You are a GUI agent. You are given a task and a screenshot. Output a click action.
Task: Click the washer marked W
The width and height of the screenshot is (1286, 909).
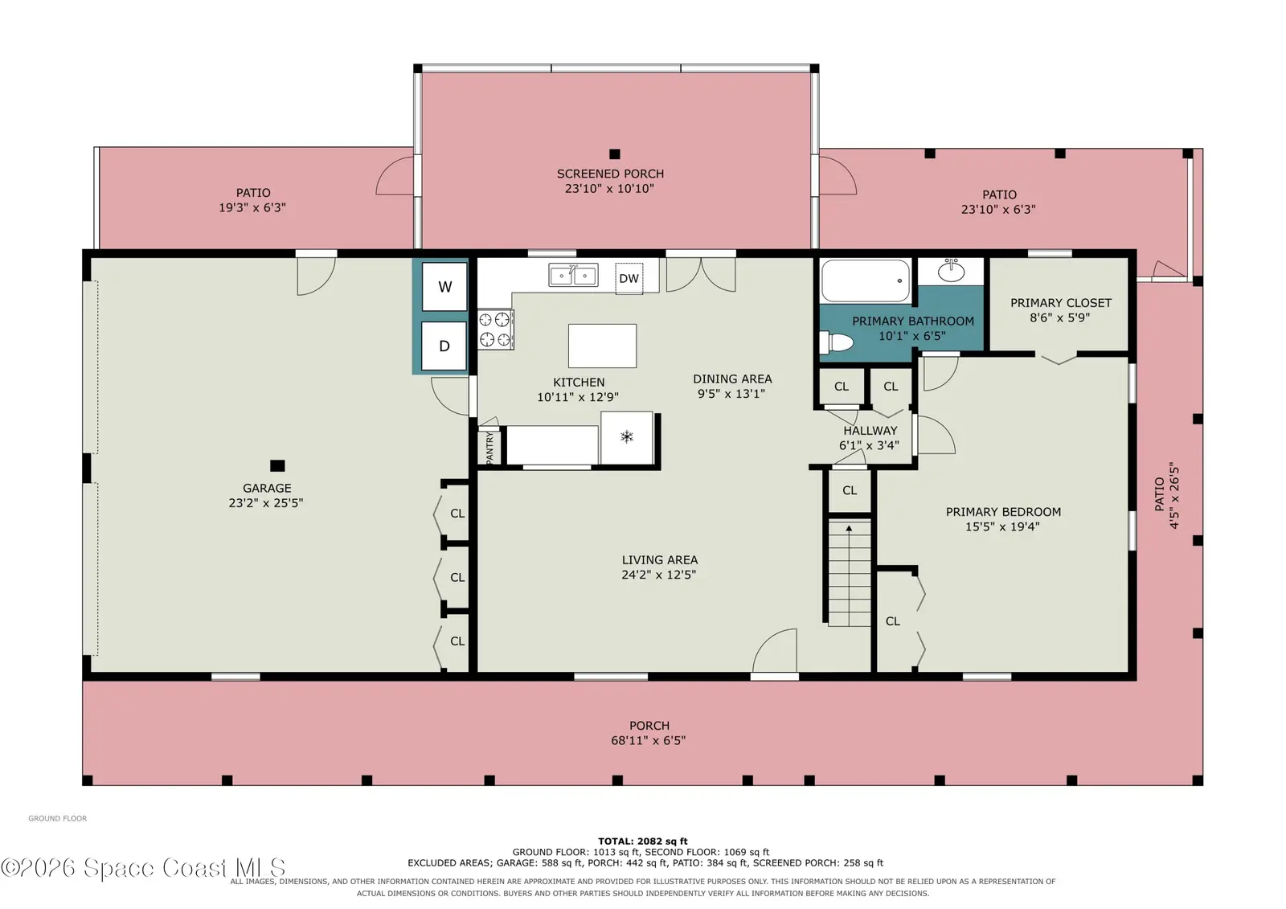pyautogui.click(x=444, y=287)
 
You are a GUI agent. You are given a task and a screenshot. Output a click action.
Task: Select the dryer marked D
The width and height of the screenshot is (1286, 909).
pyautogui.click(x=444, y=346)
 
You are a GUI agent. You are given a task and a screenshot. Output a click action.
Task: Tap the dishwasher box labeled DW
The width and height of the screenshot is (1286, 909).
pyautogui.click(x=629, y=279)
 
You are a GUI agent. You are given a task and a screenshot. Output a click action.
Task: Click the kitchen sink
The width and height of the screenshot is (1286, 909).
pyautogui.click(x=573, y=275)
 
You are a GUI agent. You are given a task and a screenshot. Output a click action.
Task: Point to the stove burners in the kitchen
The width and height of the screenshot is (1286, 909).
pyautogui.click(x=495, y=330)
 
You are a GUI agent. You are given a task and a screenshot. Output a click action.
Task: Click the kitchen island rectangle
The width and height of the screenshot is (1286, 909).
pyautogui.click(x=602, y=346)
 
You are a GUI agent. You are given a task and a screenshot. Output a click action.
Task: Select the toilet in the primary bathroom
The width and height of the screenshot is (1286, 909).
pyautogui.click(x=836, y=343)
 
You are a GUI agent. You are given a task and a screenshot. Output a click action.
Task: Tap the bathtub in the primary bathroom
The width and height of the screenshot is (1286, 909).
pyautogui.click(x=865, y=280)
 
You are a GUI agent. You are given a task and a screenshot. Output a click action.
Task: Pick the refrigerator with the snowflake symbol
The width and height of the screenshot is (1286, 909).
pyautogui.click(x=627, y=437)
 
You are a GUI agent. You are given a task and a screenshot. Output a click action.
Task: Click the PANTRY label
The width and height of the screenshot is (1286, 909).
pyautogui.click(x=489, y=448)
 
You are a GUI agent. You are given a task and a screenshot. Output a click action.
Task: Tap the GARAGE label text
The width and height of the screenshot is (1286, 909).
pyautogui.click(x=267, y=488)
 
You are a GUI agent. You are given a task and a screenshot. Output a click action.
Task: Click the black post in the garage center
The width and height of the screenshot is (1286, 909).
pyautogui.click(x=277, y=465)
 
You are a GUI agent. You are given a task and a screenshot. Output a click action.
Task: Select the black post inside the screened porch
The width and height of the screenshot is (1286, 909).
pyautogui.click(x=615, y=154)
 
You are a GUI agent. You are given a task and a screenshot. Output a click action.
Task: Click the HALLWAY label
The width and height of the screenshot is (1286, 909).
pyautogui.click(x=870, y=430)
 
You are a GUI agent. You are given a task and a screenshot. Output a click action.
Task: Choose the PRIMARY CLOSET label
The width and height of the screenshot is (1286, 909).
pyautogui.click(x=1061, y=303)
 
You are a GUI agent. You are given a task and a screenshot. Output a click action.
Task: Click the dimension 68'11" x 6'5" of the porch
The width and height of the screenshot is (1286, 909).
pyautogui.click(x=648, y=740)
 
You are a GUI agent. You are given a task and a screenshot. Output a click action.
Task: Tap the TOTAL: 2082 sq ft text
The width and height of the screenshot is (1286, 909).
pyautogui.click(x=642, y=841)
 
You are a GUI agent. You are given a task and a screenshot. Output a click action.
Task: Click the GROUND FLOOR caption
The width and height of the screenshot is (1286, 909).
pyautogui.click(x=57, y=818)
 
